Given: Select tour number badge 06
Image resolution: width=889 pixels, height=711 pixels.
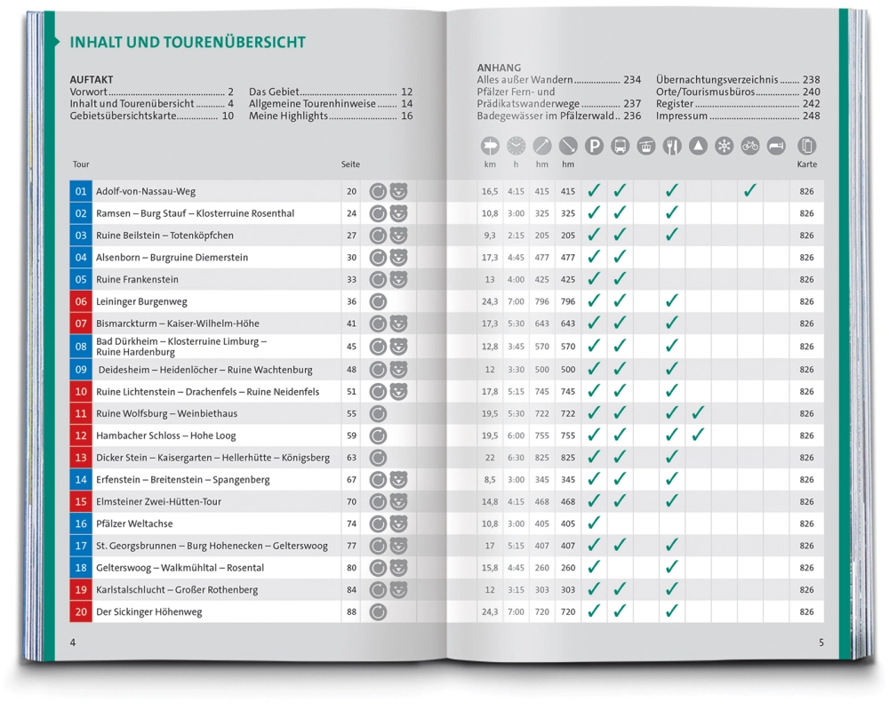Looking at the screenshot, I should pos(81,301).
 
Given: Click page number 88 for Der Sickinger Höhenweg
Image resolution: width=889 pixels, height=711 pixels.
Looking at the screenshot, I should pos(351,611).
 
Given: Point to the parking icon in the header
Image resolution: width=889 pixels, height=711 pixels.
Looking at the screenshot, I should pos(594,146).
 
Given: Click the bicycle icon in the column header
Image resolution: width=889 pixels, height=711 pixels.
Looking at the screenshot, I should pos(750,146).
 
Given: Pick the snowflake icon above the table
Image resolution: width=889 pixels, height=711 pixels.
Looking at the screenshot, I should pos(725,146).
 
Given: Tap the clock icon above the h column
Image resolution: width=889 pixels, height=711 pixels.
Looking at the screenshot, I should pos(517,146).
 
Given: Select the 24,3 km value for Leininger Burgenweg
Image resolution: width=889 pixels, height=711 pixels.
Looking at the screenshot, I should pos(490,301).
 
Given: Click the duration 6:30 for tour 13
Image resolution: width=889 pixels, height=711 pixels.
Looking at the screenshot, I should pos(516,458).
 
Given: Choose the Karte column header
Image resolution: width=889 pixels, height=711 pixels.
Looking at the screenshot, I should pos(806,164).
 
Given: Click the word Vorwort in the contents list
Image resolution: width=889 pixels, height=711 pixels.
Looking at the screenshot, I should pos(89,92).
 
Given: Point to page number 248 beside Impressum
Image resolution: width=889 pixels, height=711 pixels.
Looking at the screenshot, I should pos(811,116).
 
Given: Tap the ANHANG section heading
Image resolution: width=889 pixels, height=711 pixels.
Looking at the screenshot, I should pos(499,68).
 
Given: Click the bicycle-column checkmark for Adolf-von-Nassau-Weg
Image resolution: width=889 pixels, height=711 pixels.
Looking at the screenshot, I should pos(750,190).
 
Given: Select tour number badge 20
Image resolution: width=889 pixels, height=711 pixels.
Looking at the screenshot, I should pos(81,611).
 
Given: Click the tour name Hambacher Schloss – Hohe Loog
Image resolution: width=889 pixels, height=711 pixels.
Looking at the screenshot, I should pos(165,435).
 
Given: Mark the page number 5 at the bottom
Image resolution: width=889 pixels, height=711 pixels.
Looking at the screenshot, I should pos(821,643).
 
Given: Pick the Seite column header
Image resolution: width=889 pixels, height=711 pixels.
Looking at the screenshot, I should pos(350,164).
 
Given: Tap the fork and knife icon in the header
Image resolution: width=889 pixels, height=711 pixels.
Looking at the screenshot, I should pos(672,146).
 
